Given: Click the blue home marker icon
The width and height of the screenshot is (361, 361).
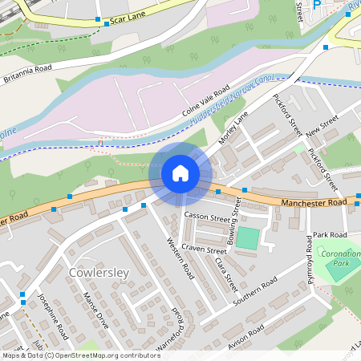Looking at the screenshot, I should tap(180, 172).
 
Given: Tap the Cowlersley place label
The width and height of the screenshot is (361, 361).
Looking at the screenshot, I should tap(99, 273).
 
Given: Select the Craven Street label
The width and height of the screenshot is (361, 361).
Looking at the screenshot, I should tap(205, 249).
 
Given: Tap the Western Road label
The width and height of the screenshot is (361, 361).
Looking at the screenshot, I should tap(180, 258).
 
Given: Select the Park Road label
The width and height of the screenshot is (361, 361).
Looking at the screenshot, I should tap(330, 234).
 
